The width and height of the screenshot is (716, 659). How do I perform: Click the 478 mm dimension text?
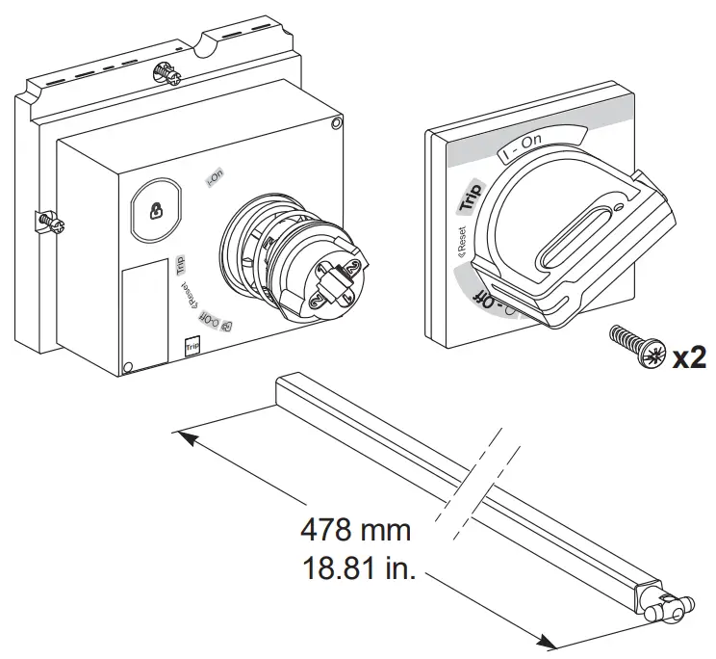tap(355, 530)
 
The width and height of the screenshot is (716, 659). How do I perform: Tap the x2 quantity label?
tap(689, 358)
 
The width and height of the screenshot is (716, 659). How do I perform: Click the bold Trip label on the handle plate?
tap(471, 195)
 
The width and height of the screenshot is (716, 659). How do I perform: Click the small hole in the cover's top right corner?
tap(334, 123)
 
